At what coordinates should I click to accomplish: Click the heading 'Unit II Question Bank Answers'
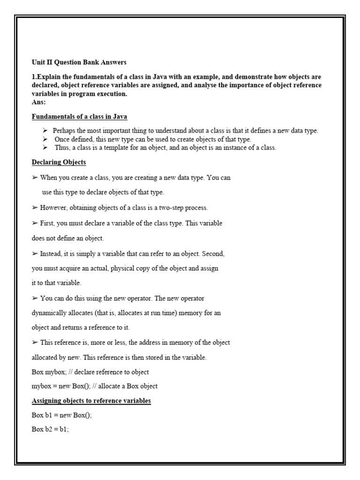[79, 62]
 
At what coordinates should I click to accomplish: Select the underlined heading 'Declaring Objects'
[59, 162]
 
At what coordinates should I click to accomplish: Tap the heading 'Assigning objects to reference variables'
[91, 401]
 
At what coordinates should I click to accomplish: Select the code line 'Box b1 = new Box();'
[61, 415]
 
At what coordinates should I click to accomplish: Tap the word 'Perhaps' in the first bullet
[63, 131]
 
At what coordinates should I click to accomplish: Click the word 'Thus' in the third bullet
[61, 148]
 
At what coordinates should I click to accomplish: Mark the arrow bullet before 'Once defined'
[45, 139]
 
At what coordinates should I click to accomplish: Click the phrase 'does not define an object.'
[67, 238]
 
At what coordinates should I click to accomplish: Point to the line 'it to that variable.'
[56, 283]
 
